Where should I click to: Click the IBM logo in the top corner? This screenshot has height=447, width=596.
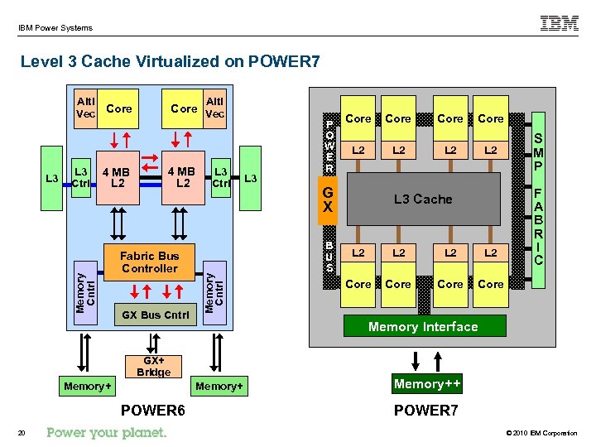560,24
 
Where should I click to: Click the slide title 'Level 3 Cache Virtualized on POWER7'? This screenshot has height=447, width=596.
170,61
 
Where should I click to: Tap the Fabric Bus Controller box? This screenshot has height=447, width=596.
149,262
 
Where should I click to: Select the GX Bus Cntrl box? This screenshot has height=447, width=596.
155,315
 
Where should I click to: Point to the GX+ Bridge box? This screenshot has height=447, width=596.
153,367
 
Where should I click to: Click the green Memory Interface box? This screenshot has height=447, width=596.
423,326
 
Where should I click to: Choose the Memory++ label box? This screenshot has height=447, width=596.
427,384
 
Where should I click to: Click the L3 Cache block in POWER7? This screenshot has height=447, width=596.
423,199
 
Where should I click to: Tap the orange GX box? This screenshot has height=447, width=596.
329,199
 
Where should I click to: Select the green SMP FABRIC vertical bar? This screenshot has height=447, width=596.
539,198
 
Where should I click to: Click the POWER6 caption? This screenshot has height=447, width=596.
153,411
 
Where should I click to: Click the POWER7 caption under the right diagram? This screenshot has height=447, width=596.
425,411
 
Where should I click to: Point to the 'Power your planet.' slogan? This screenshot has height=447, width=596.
107,432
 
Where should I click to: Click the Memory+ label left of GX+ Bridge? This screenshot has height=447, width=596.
87,387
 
